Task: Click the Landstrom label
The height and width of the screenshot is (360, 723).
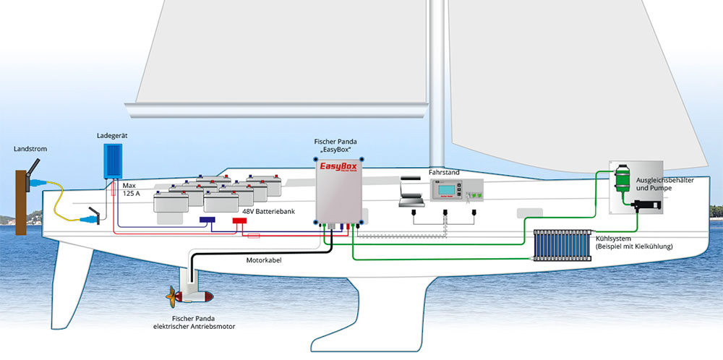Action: tap(30, 149)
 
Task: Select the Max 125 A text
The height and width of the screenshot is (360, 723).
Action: tap(131, 189)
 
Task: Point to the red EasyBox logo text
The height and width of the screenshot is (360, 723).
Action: tap(339, 171)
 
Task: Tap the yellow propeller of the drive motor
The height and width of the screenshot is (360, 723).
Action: tap(172, 296)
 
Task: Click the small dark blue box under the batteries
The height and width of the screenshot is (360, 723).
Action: tap(210, 218)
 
